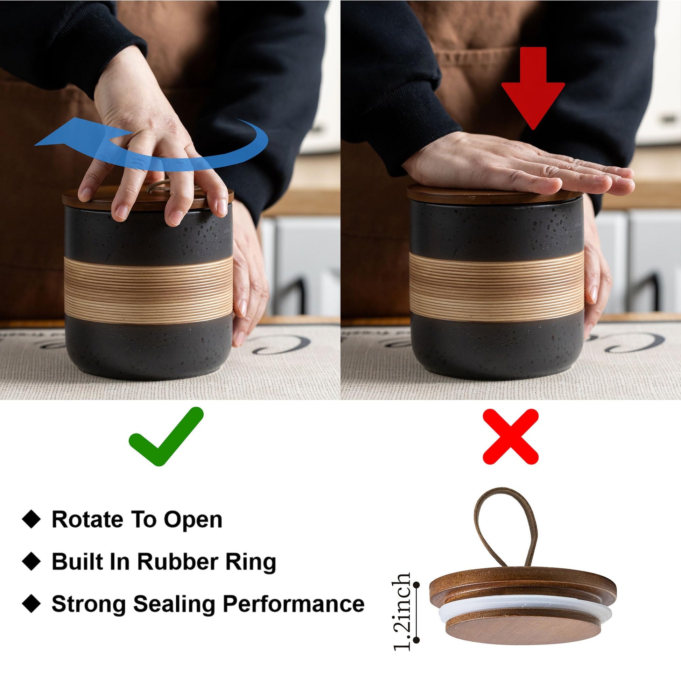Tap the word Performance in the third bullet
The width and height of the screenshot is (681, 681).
(294, 604)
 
